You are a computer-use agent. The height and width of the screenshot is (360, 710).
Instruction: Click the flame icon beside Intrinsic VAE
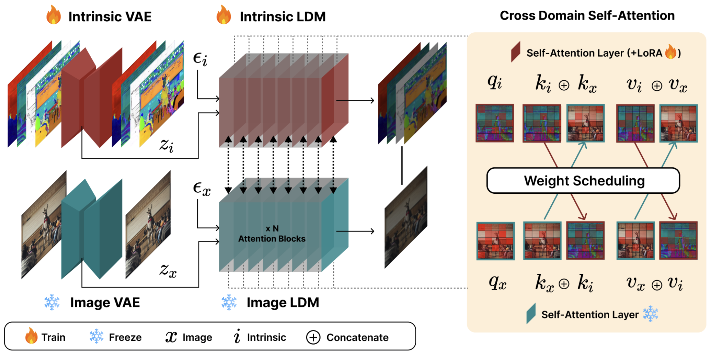tap(54, 15)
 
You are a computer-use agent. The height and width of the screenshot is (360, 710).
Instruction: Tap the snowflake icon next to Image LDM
tap(229, 302)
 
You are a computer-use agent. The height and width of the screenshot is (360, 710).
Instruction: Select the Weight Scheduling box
tap(583, 181)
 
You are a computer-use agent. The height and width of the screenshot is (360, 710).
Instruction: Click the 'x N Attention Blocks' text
tap(272, 234)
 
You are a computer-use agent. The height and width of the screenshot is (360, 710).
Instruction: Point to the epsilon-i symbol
tap(200, 59)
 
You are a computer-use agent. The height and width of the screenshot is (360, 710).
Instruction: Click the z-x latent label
tap(168, 270)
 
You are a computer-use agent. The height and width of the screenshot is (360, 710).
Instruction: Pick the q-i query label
tap(495, 82)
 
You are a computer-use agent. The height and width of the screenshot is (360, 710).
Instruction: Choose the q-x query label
tap(497, 283)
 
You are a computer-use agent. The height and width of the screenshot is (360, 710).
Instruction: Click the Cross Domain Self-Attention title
tap(587, 15)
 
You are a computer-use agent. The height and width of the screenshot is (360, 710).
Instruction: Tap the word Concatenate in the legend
tap(357, 338)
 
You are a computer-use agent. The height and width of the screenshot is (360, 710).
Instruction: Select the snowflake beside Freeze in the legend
tap(96, 337)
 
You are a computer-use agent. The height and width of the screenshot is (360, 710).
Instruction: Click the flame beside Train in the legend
tap(31, 336)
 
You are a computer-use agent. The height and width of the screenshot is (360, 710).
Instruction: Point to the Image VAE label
tap(105, 303)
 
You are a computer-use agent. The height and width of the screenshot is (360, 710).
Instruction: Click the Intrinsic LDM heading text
tap(283, 16)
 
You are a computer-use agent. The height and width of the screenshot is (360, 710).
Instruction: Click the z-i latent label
tap(167, 145)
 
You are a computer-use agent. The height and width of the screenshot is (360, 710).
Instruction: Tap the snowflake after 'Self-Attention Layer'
tap(650, 314)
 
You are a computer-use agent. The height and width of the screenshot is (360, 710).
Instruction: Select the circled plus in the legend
tap(313, 337)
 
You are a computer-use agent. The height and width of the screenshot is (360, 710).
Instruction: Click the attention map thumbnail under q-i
tap(495, 123)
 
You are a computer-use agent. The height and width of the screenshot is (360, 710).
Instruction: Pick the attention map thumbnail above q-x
tap(495, 241)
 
